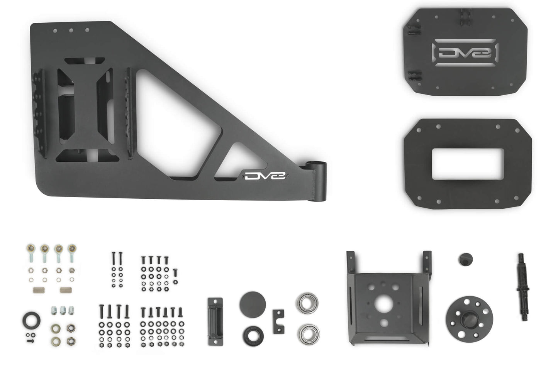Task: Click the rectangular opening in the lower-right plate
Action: coord(467,164)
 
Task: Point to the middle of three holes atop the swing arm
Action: coord(71,30)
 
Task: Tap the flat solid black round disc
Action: coord(253,304)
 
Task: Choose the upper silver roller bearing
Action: coord(307,302)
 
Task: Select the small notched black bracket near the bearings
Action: coord(278,321)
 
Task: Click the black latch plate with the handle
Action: coord(215,321)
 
